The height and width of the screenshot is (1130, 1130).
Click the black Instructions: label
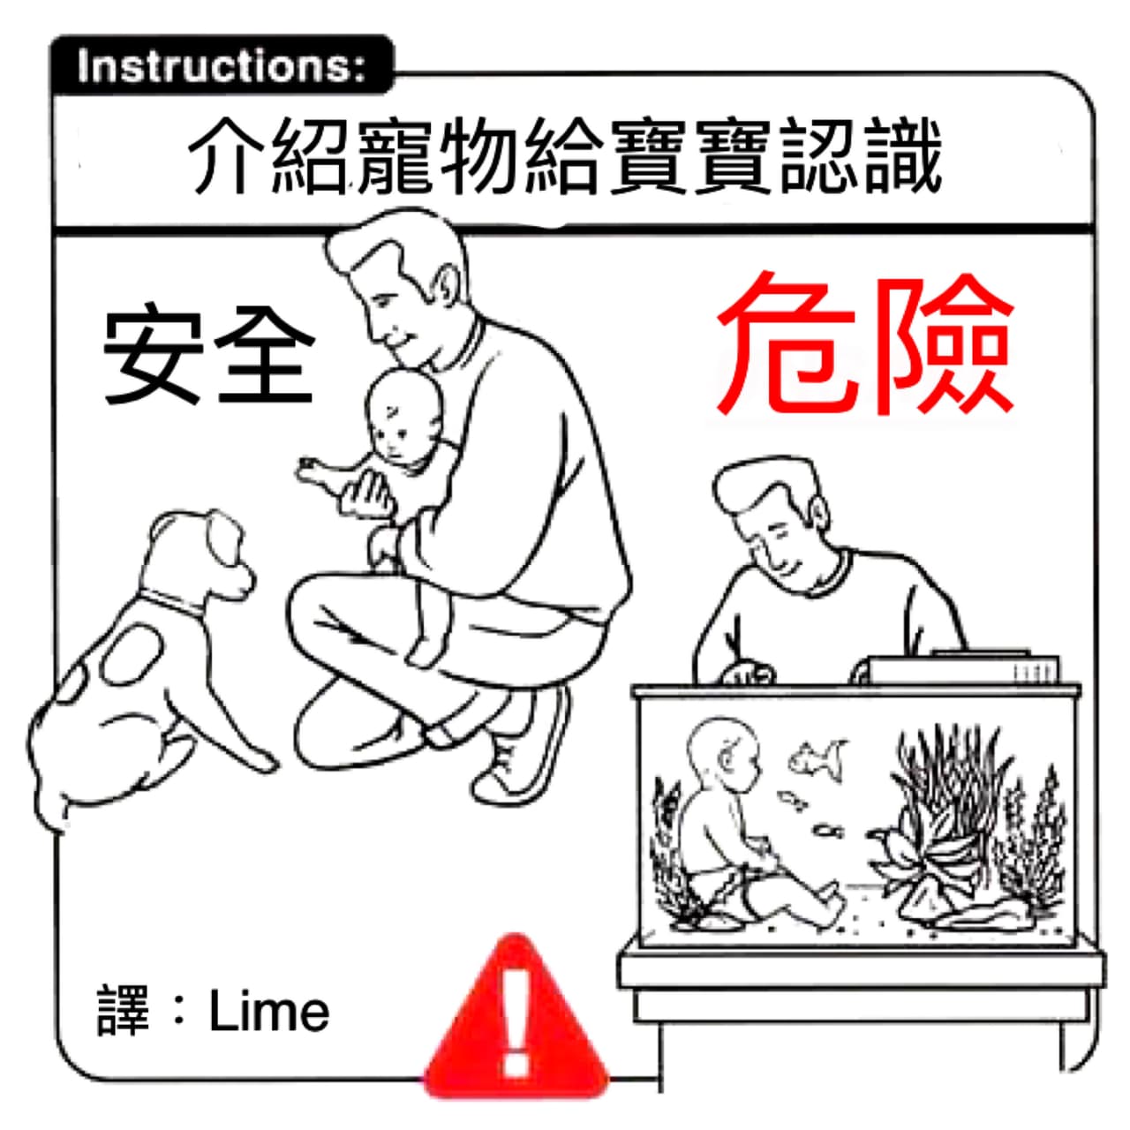[x=222, y=65]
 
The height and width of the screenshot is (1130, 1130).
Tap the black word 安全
[x=208, y=354]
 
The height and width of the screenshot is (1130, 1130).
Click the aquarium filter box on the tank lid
[x=961, y=668]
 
